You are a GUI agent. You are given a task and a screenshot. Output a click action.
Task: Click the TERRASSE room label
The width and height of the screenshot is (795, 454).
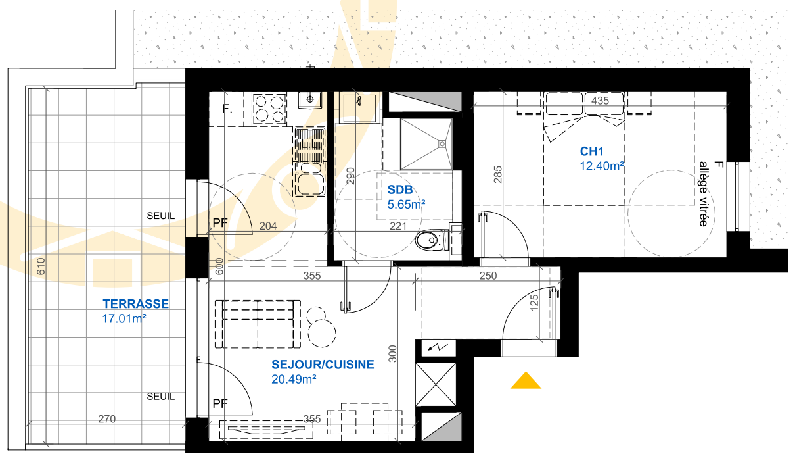[135, 304]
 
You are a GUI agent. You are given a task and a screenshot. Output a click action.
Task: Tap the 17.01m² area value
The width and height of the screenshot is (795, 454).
[124, 318]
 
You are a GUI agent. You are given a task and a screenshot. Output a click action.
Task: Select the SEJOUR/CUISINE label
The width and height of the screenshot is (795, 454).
[323, 365]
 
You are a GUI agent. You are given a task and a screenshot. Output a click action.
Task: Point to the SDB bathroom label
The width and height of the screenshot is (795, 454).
[400, 190]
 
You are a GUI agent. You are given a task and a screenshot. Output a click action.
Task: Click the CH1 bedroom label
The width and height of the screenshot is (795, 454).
[591, 151]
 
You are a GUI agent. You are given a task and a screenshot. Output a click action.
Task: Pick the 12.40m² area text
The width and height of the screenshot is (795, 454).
[602, 166]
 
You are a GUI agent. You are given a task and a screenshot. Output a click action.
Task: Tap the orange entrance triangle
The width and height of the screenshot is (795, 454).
[526, 380]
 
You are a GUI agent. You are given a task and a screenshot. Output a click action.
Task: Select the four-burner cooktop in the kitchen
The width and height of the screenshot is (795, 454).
[269, 109]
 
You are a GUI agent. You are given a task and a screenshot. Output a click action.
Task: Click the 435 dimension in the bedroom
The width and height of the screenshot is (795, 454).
[600, 101]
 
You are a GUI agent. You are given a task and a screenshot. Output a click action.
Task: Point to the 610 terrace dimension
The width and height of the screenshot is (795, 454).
[41, 266]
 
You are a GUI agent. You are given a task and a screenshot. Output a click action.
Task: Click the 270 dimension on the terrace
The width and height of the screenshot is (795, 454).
[107, 419]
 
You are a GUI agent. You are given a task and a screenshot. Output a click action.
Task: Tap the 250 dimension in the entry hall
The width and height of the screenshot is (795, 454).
[488, 276]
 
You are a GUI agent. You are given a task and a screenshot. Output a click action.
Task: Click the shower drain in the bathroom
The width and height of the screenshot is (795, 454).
[442, 144]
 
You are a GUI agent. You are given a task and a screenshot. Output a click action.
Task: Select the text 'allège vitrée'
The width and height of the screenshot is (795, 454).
[704, 194]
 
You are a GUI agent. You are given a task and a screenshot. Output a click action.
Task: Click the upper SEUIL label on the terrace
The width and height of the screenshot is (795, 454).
[161, 216]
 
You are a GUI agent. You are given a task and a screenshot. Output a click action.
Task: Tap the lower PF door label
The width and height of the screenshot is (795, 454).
[220, 403]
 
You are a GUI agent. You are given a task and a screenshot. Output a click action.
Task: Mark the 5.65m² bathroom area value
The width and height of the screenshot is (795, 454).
[407, 205]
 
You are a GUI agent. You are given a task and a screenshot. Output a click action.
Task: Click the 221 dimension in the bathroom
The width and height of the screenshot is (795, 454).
[398, 226]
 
